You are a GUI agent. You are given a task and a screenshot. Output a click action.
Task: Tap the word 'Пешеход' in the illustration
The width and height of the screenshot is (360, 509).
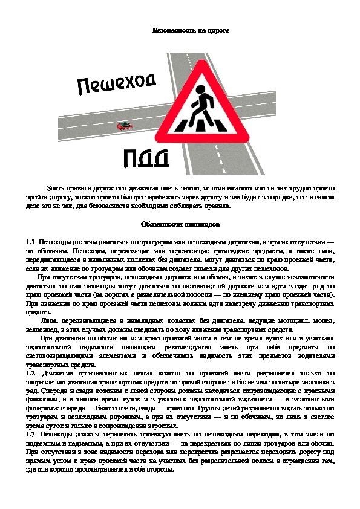tap(117, 84)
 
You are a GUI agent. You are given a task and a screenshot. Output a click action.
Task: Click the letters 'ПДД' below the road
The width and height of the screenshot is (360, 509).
tap(146, 158)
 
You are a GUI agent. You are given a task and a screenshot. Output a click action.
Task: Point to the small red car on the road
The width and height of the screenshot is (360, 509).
tap(125, 126)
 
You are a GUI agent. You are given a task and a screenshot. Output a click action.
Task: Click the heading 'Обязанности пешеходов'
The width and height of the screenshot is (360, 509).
tap(180, 224)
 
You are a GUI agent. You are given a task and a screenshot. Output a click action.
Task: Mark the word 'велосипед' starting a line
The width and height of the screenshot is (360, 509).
tap(42, 329)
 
